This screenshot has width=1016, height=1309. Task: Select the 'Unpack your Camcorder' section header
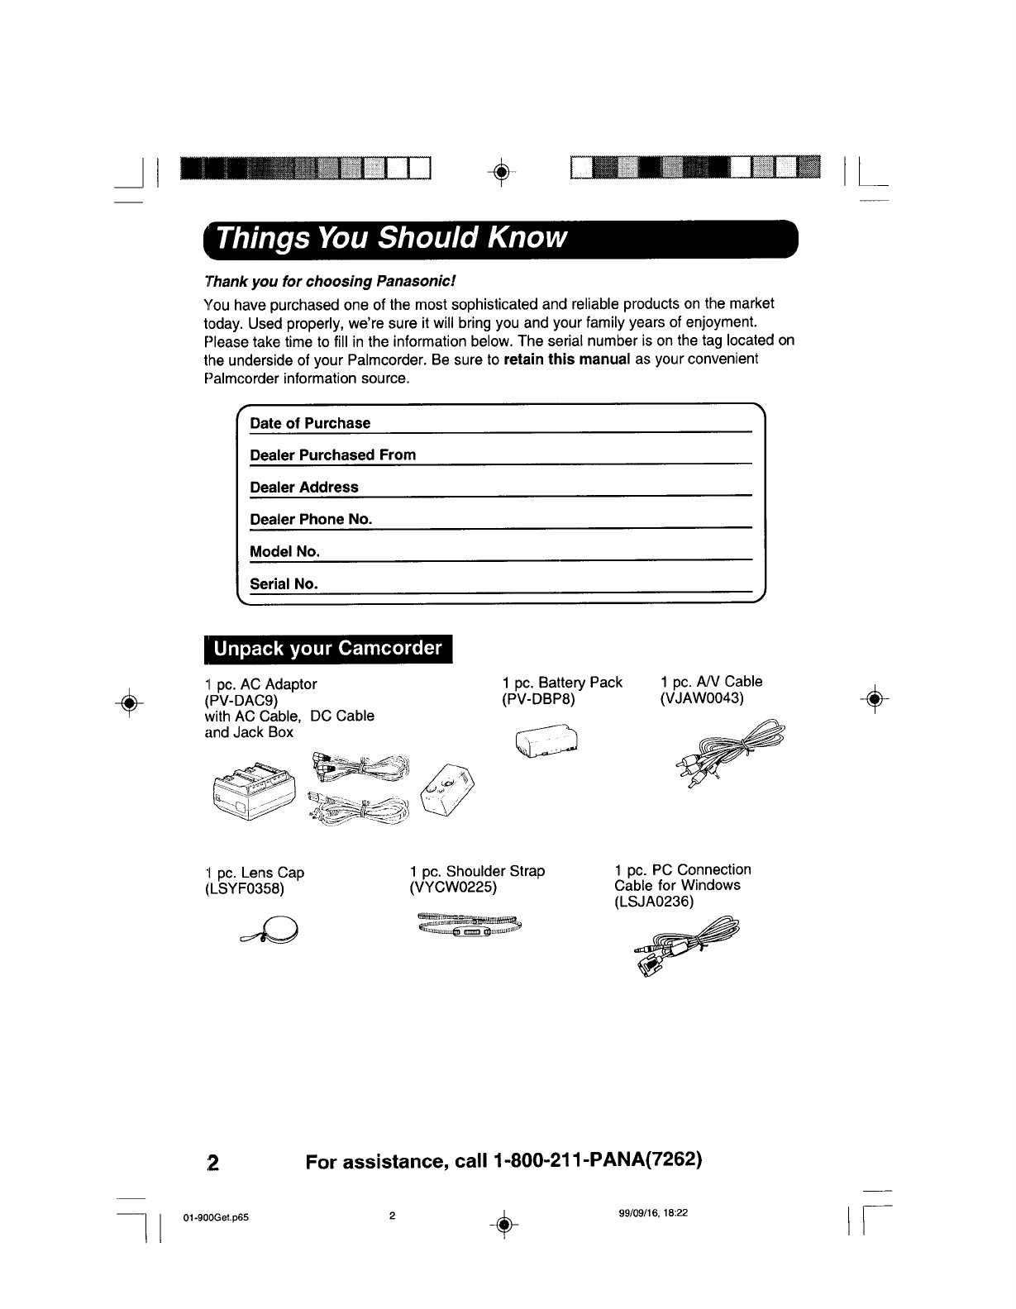coord(327,649)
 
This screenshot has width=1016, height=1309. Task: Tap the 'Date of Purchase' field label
coord(310,423)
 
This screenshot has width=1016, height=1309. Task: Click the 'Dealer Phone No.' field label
coord(311,519)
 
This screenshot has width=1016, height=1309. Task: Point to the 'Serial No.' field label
coord(284,583)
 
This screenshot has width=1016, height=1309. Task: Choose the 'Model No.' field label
coord(284,551)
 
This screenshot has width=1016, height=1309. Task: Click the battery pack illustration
coord(546,744)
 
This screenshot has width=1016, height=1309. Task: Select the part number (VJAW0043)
coord(702,698)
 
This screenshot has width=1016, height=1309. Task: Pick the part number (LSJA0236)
coord(654,902)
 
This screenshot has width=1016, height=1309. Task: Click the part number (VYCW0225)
coord(452,888)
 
